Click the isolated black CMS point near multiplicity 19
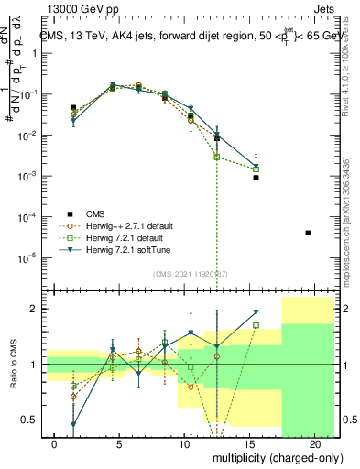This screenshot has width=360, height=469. coord(308,233)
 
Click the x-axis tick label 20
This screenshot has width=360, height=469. coord(314,442)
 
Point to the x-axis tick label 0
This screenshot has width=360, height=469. coord(55,442)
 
